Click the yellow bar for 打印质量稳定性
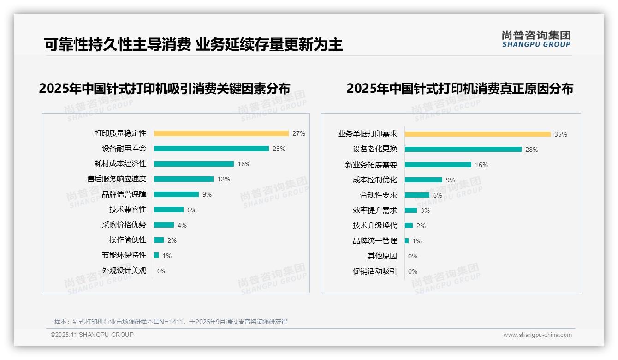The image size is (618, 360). (x=221, y=133)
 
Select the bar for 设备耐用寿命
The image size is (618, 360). (x=211, y=149)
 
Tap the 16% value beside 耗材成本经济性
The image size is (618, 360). (x=244, y=164)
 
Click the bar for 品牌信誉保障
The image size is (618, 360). (x=176, y=194)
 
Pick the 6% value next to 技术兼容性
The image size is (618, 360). (x=191, y=210)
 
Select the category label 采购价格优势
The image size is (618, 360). (x=124, y=225)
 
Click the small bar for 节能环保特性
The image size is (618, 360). (x=156, y=255)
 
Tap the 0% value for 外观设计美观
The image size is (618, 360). (x=161, y=271)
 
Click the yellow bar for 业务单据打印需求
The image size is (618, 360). (x=477, y=134)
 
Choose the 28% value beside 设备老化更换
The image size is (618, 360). (x=531, y=150)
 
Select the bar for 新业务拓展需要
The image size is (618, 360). (x=438, y=165)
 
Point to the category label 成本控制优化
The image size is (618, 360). (x=374, y=180)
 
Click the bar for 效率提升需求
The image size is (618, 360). (x=410, y=210)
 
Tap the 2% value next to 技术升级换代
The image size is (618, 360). (x=421, y=226)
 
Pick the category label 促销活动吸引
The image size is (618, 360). (x=374, y=271)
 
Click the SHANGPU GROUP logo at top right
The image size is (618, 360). (x=536, y=39)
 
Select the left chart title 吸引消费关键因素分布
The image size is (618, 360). (x=165, y=89)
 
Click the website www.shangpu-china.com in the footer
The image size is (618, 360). (x=537, y=335)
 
